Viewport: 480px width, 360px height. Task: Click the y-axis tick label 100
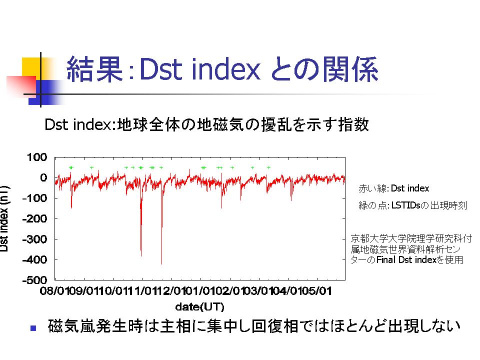(37, 157)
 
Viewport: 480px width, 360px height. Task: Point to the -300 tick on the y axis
(35, 239)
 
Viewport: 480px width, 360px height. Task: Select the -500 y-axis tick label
(35, 280)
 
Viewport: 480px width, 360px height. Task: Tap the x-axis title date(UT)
(199, 306)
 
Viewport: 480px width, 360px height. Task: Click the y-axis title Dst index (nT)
(4, 218)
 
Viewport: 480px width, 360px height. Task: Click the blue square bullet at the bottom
(33, 328)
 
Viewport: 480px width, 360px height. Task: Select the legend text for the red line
(393, 188)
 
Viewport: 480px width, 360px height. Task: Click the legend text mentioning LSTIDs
(412, 205)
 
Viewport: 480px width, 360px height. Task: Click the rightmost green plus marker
(268, 168)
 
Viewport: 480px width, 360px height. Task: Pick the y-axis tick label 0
(44, 178)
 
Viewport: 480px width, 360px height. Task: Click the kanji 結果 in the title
(94, 69)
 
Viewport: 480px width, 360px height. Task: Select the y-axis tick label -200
(35, 218)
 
